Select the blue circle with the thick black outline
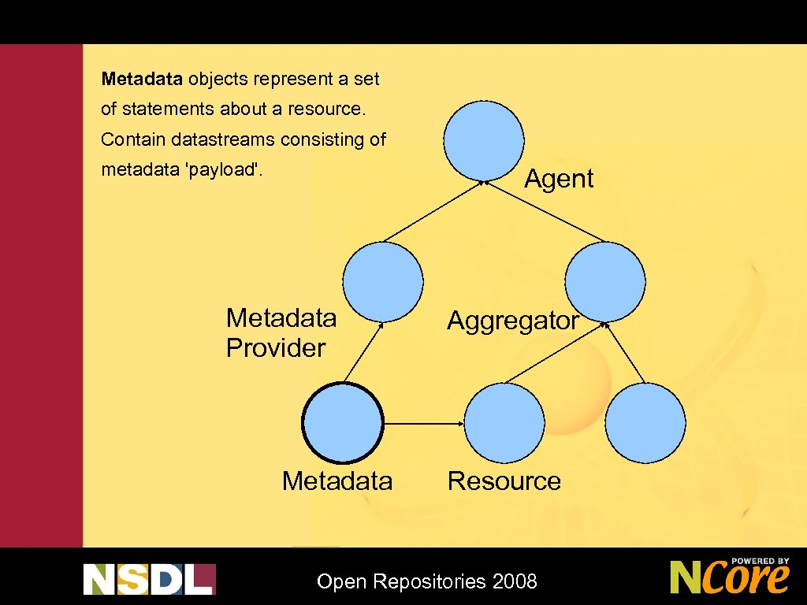coord(343,422)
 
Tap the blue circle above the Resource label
coord(504,422)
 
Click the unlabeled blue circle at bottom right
coord(646,422)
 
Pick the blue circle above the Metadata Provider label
coord(383,281)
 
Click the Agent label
coord(559,179)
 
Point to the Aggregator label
coord(513,321)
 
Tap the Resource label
coord(504,481)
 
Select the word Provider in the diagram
coord(276,347)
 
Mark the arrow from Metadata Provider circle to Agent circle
coord(433,211)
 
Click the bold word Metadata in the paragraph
coord(143,79)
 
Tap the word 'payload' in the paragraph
coord(222,170)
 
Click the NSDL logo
coord(149,579)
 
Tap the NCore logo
coord(730,576)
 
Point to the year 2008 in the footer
coord(515,582)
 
